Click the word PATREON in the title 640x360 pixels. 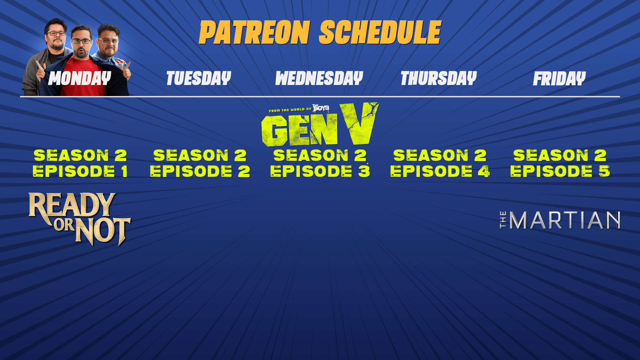[x=255, y=32]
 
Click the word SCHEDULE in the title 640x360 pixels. [x=380, y=32]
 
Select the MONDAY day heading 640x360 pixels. [x=80, y=78]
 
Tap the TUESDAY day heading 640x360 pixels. [x=199, y=78]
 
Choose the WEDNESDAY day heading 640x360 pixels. [x=319, y=78]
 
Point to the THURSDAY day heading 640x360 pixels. [x=439, y=78]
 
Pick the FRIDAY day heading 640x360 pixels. [x=559, y=79]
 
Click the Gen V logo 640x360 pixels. [x=320, y=125]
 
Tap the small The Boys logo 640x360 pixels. [x=321, y=108]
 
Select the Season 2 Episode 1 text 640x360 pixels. [x=80, y=163]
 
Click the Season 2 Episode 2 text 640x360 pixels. [x=200, y=163]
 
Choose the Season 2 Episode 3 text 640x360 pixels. [x=320, y=163]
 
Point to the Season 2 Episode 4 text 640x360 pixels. [x=440, y=163]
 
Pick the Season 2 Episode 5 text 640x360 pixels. [x=560, y=163]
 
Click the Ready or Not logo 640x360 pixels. [x=80, y=219]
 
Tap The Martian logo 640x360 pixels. [x=560, y=220]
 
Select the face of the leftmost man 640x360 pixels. [x=56, y=34]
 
